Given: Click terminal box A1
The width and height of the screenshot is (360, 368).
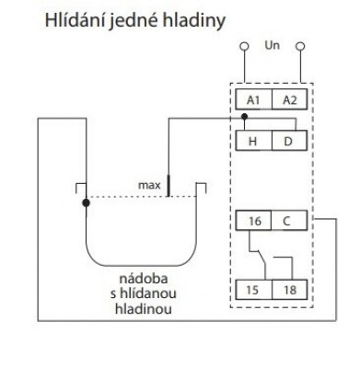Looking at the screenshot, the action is (254, 99).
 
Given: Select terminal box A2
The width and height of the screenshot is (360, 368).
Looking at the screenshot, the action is (289, 99).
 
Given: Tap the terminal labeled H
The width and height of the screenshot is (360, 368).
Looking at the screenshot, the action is (254, 141).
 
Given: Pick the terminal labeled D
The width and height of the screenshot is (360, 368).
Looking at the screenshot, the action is (289, 141).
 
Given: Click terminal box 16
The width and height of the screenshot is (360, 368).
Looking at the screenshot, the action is (253, 220).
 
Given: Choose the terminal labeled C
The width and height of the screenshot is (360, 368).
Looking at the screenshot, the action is (289, 220).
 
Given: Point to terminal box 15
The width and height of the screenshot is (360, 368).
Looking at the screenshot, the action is (254, 290).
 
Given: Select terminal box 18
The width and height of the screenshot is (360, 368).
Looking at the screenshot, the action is (289, 290).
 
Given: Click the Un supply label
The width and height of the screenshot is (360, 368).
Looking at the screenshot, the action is (272, 45).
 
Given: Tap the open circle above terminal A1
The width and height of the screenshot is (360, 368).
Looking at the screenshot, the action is (244, 46).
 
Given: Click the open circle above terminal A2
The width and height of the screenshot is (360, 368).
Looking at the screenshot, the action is (300, 46).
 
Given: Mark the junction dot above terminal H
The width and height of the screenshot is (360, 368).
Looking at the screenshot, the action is (244, 117).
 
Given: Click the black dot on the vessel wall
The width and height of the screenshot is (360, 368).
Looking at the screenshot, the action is (87, 202).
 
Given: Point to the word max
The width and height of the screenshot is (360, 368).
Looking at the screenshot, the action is (149, 185).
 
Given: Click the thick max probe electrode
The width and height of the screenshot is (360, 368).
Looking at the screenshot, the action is (168, 186).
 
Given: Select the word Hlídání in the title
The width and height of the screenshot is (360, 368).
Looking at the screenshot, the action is (75, 20).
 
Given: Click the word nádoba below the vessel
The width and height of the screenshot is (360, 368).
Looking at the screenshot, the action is (144, 279).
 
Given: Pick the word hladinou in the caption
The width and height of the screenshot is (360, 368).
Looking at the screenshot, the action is (144, 308).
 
